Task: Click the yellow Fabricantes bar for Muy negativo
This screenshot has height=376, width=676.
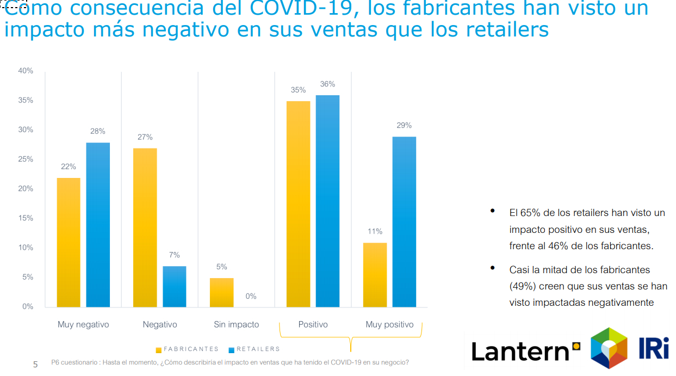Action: click(69, 242)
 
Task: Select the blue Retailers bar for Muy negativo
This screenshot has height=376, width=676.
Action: click(98, 225)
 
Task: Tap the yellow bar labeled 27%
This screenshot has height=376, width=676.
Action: click(145, 227)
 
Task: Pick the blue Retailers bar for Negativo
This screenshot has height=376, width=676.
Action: click(175, 286)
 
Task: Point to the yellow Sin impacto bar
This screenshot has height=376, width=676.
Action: click(222, 292)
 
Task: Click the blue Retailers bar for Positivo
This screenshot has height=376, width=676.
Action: click(327, 201)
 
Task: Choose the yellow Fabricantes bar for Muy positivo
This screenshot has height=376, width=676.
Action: click(375, 275)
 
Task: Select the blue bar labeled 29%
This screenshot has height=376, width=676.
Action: click(404, 221)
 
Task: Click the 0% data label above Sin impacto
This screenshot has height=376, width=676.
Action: click(251, 297)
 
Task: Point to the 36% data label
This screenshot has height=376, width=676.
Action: click(327, 84)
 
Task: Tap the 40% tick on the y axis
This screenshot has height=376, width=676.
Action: click(26, 71)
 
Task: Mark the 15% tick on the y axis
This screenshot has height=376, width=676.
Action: click(26, 218)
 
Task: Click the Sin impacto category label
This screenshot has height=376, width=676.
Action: click(237, 325)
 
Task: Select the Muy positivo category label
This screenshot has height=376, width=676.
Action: click(389, 325)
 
